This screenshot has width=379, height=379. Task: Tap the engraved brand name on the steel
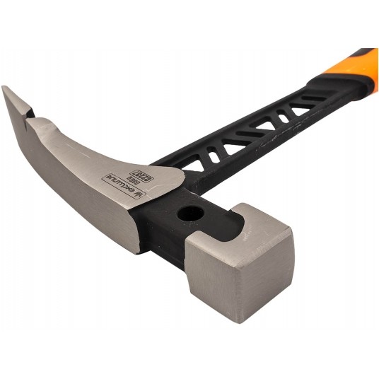[x=120, y=185]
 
